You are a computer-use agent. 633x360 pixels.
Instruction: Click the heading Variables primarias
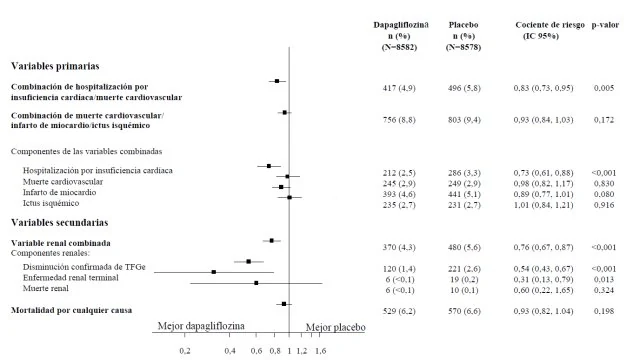tap(55, 66)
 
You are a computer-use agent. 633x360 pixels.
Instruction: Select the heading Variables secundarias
tap(59, 222)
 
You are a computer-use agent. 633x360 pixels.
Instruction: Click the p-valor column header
tap(605, 25)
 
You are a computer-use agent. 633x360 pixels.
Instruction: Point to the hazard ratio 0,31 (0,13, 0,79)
tap(543, 279)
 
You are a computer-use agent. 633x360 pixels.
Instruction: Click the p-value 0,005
tap(604, 88)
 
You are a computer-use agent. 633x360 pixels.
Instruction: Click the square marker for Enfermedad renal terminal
tap(214, 272)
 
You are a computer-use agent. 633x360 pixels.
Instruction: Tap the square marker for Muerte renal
tap(256, 283)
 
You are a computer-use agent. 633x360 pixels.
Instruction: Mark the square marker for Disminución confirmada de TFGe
tap(248, 262)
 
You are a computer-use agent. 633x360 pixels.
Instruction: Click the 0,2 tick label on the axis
tap(185, 351)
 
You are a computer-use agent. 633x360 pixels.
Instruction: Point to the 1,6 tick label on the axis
tap(321, 351)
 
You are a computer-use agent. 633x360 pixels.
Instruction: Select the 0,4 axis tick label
tap(230, 351)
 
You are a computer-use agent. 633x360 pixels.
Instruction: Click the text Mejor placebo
tap(335, 327)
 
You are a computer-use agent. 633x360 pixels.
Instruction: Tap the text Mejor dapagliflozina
tap(201, 326)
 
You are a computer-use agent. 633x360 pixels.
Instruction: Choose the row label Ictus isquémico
tap(51, 203)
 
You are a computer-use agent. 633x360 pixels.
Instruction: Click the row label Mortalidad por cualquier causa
tap(71, 310)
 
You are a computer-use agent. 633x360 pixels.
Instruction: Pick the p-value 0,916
tap(604, 205)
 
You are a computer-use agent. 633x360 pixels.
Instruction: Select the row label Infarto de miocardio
tap(59, 192)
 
